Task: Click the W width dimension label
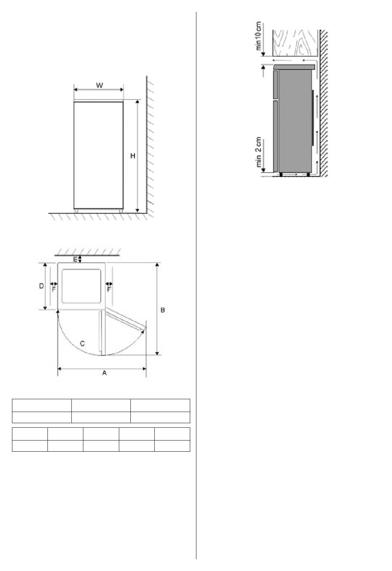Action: (99, 85)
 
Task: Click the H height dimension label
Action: (133, 156)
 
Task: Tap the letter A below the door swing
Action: (104, 373)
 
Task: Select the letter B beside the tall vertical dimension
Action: (163, 310)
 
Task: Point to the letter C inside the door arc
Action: (82, 344)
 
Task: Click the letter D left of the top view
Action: (41, 286)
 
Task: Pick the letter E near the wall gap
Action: (76, 260)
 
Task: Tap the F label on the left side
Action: (54, 289)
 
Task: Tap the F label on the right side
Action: (109, 289)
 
